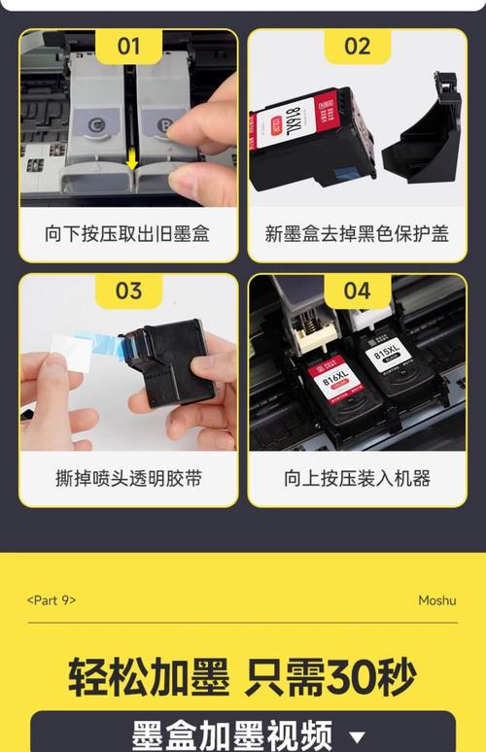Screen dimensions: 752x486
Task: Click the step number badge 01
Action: click(x=128, y=46)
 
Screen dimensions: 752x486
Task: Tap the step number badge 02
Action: click(x=357, y=46)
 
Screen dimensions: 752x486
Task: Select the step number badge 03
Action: click(x=128, y=291)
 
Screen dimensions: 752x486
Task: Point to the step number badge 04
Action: click(x=357, y=291)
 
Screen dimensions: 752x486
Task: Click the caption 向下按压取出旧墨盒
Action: click(x=128, y=234)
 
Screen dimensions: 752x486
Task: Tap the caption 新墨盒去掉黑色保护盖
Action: click(x=357, y=234)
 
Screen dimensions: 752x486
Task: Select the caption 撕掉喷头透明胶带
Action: click(x=128, y=478)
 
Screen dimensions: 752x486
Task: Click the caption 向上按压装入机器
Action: click(x=357, y=478)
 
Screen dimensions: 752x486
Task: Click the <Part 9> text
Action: click(x=51, y=600)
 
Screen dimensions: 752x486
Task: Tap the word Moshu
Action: click(x=436, y=600)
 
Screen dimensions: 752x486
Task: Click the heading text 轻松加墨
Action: click(x=149, y=677)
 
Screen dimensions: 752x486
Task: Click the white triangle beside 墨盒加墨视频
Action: click(x=358, y=736)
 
